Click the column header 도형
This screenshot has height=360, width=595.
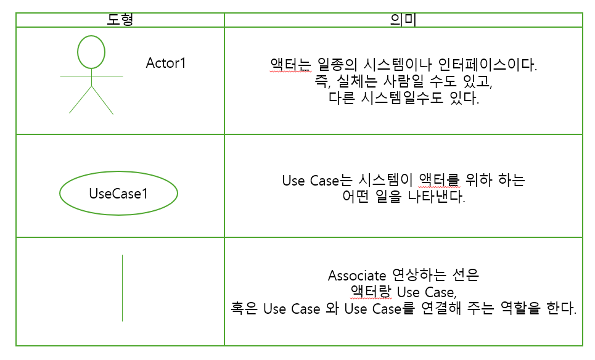point(120,20)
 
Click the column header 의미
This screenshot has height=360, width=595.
point(403,20)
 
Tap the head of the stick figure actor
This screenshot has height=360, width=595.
point(91,52)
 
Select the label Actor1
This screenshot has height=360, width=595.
point(166,63)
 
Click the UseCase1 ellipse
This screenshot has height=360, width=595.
point(118,194)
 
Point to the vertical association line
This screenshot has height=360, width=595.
point(122,288)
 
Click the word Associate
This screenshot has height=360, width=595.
point(356,275)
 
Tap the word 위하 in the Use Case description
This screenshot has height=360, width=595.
point(480,181)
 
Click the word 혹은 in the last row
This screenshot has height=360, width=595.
point(242,308)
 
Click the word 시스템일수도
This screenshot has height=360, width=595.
point(404,99)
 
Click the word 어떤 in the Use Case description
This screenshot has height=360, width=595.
point(356,198)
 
